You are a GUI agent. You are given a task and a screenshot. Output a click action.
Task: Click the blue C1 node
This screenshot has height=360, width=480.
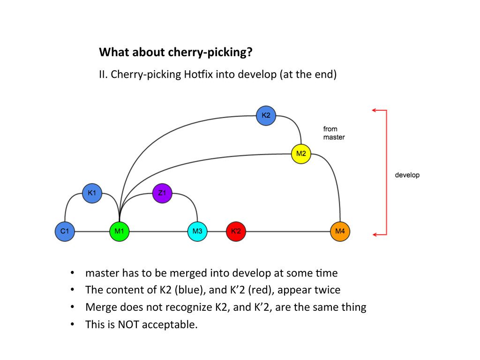pos(65,231)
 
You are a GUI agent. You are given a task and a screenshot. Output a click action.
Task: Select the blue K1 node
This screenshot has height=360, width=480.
pos(92,193)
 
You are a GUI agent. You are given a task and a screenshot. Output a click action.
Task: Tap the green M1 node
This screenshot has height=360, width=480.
pos(119,231)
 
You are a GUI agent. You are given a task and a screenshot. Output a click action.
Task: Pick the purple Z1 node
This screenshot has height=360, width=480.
pos(162,193)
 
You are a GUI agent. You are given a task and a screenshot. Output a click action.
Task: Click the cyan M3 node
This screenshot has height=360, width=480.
pos(197,231)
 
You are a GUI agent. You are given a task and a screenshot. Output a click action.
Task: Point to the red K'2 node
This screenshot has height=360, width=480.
pos(236,231)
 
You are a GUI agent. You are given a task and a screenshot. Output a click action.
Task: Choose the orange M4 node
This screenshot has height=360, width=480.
pos(340,231)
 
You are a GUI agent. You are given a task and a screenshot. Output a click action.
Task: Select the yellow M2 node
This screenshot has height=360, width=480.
pos(301,154)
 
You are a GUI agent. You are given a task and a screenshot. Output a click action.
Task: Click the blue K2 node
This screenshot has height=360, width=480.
pos(266,115)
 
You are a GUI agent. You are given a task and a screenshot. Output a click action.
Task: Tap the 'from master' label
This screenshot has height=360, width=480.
pos(334,133)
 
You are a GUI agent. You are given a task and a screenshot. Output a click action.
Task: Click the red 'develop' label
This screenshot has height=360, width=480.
pos(407,175)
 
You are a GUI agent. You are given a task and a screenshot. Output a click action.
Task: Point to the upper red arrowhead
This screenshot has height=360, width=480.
pos(374,110)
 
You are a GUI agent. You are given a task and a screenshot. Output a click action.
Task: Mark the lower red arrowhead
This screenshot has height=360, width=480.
pos(374,234)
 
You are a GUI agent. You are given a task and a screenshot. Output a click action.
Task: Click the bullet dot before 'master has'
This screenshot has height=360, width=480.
pos(73,273)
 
